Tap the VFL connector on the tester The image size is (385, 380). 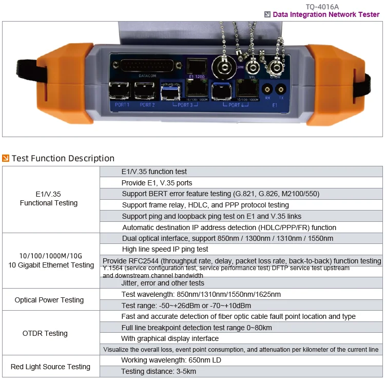point(252,66)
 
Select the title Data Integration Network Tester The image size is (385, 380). point(326,15)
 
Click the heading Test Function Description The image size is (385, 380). point(63,158)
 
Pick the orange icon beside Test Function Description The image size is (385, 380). point(6,158)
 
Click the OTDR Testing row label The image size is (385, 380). point(45,333)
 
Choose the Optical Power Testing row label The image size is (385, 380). point(49,300)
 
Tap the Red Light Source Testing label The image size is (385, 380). point(50,367)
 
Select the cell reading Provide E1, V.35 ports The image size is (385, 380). point(157,183)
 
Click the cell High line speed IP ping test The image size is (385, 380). point(165,250)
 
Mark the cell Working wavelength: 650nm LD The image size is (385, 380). point(171,360)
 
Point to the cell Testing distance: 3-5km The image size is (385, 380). point(159,371)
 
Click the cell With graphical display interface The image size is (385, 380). point(170,338)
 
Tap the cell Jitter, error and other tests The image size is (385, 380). point(163,283)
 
